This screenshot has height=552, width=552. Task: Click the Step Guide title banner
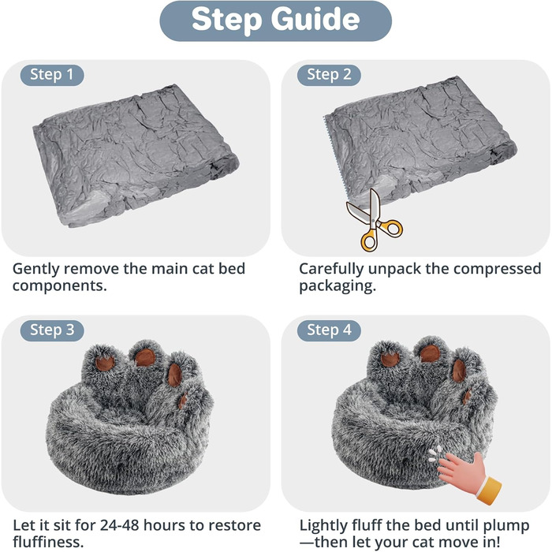pyautogui.click(x=276, y=21)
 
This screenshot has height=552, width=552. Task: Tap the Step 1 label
pyautogui.click(x=51, y=75)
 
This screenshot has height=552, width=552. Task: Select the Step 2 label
pyautogui.click(x=329, y=75)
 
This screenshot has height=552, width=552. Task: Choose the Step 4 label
pyautogui.click(x=329, y=330)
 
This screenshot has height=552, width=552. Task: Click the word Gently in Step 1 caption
pyautogui.click(x=37, y=269)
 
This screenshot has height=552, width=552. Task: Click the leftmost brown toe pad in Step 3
pyautogui.click(x=105, y=364)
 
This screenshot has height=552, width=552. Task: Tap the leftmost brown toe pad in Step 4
pyautogui.click(x=390, y=360)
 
